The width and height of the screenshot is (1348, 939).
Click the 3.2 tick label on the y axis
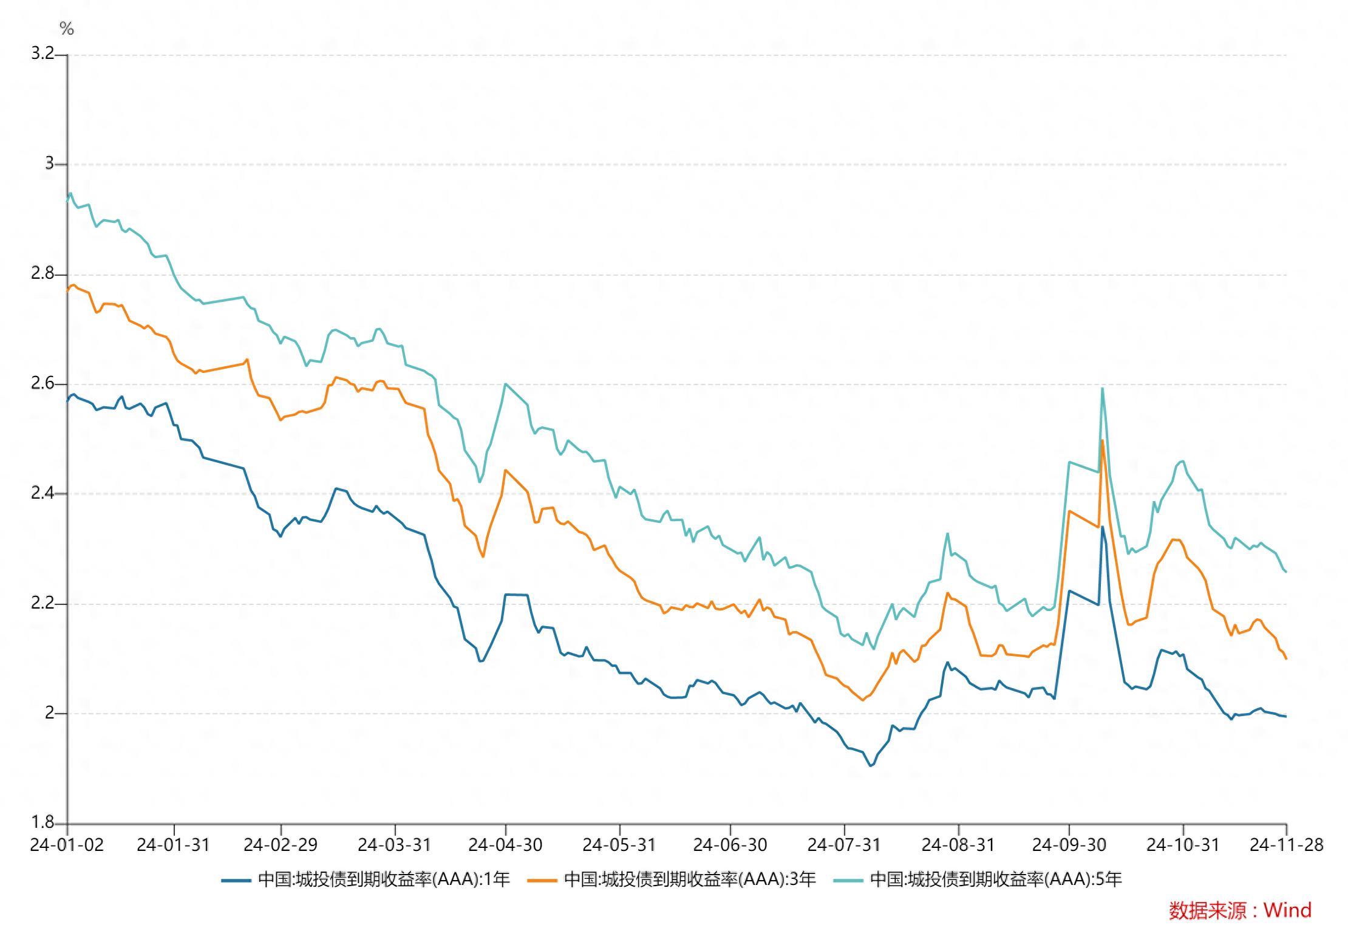pyautogui.click(x=43, y=53)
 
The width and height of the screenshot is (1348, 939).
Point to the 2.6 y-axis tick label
pyautogui.click(x=43, y=383)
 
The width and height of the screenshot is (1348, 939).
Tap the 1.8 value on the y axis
pyautogui.click(x=43, y=822)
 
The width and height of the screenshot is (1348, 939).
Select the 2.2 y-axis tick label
pyautogui.click(x=43, y=603)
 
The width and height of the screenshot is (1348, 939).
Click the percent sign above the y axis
pyautogui.click(x=67, y=29)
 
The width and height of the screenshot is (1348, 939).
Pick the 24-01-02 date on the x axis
pyautogui.click(x=67, y=845)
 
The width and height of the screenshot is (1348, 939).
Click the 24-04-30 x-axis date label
pyautogui.click(x=505, y=845)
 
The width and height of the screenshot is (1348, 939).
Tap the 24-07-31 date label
pyautogui.click(x=843, y=845)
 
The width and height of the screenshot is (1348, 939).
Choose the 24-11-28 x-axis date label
pyautogui.click(x=1286, y=845)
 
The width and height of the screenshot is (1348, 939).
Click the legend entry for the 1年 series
pyautogui.click(x=366, y=879)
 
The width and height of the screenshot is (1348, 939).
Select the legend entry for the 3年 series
pyautogui.click(x=672, y=879)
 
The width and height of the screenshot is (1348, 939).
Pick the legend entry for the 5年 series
pyautogui.click(x=978, y=879)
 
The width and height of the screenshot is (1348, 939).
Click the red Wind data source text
pyautogui.click(x=1240, y=910)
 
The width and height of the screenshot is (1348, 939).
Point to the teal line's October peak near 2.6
pyautogui.click(x=1102, y=389)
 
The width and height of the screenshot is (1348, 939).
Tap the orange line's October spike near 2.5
pyautogui.click(x=1102, y=440)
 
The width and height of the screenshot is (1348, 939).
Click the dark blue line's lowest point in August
pyautogui.click(x=870, y=766)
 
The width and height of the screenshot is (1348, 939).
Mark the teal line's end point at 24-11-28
pyautogui.click(x=1286, y=572)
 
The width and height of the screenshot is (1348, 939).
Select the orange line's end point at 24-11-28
pyautogui.click(x=1286, y=658)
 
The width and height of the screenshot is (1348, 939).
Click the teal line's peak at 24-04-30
pyautogui.click(x=505, y=384)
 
